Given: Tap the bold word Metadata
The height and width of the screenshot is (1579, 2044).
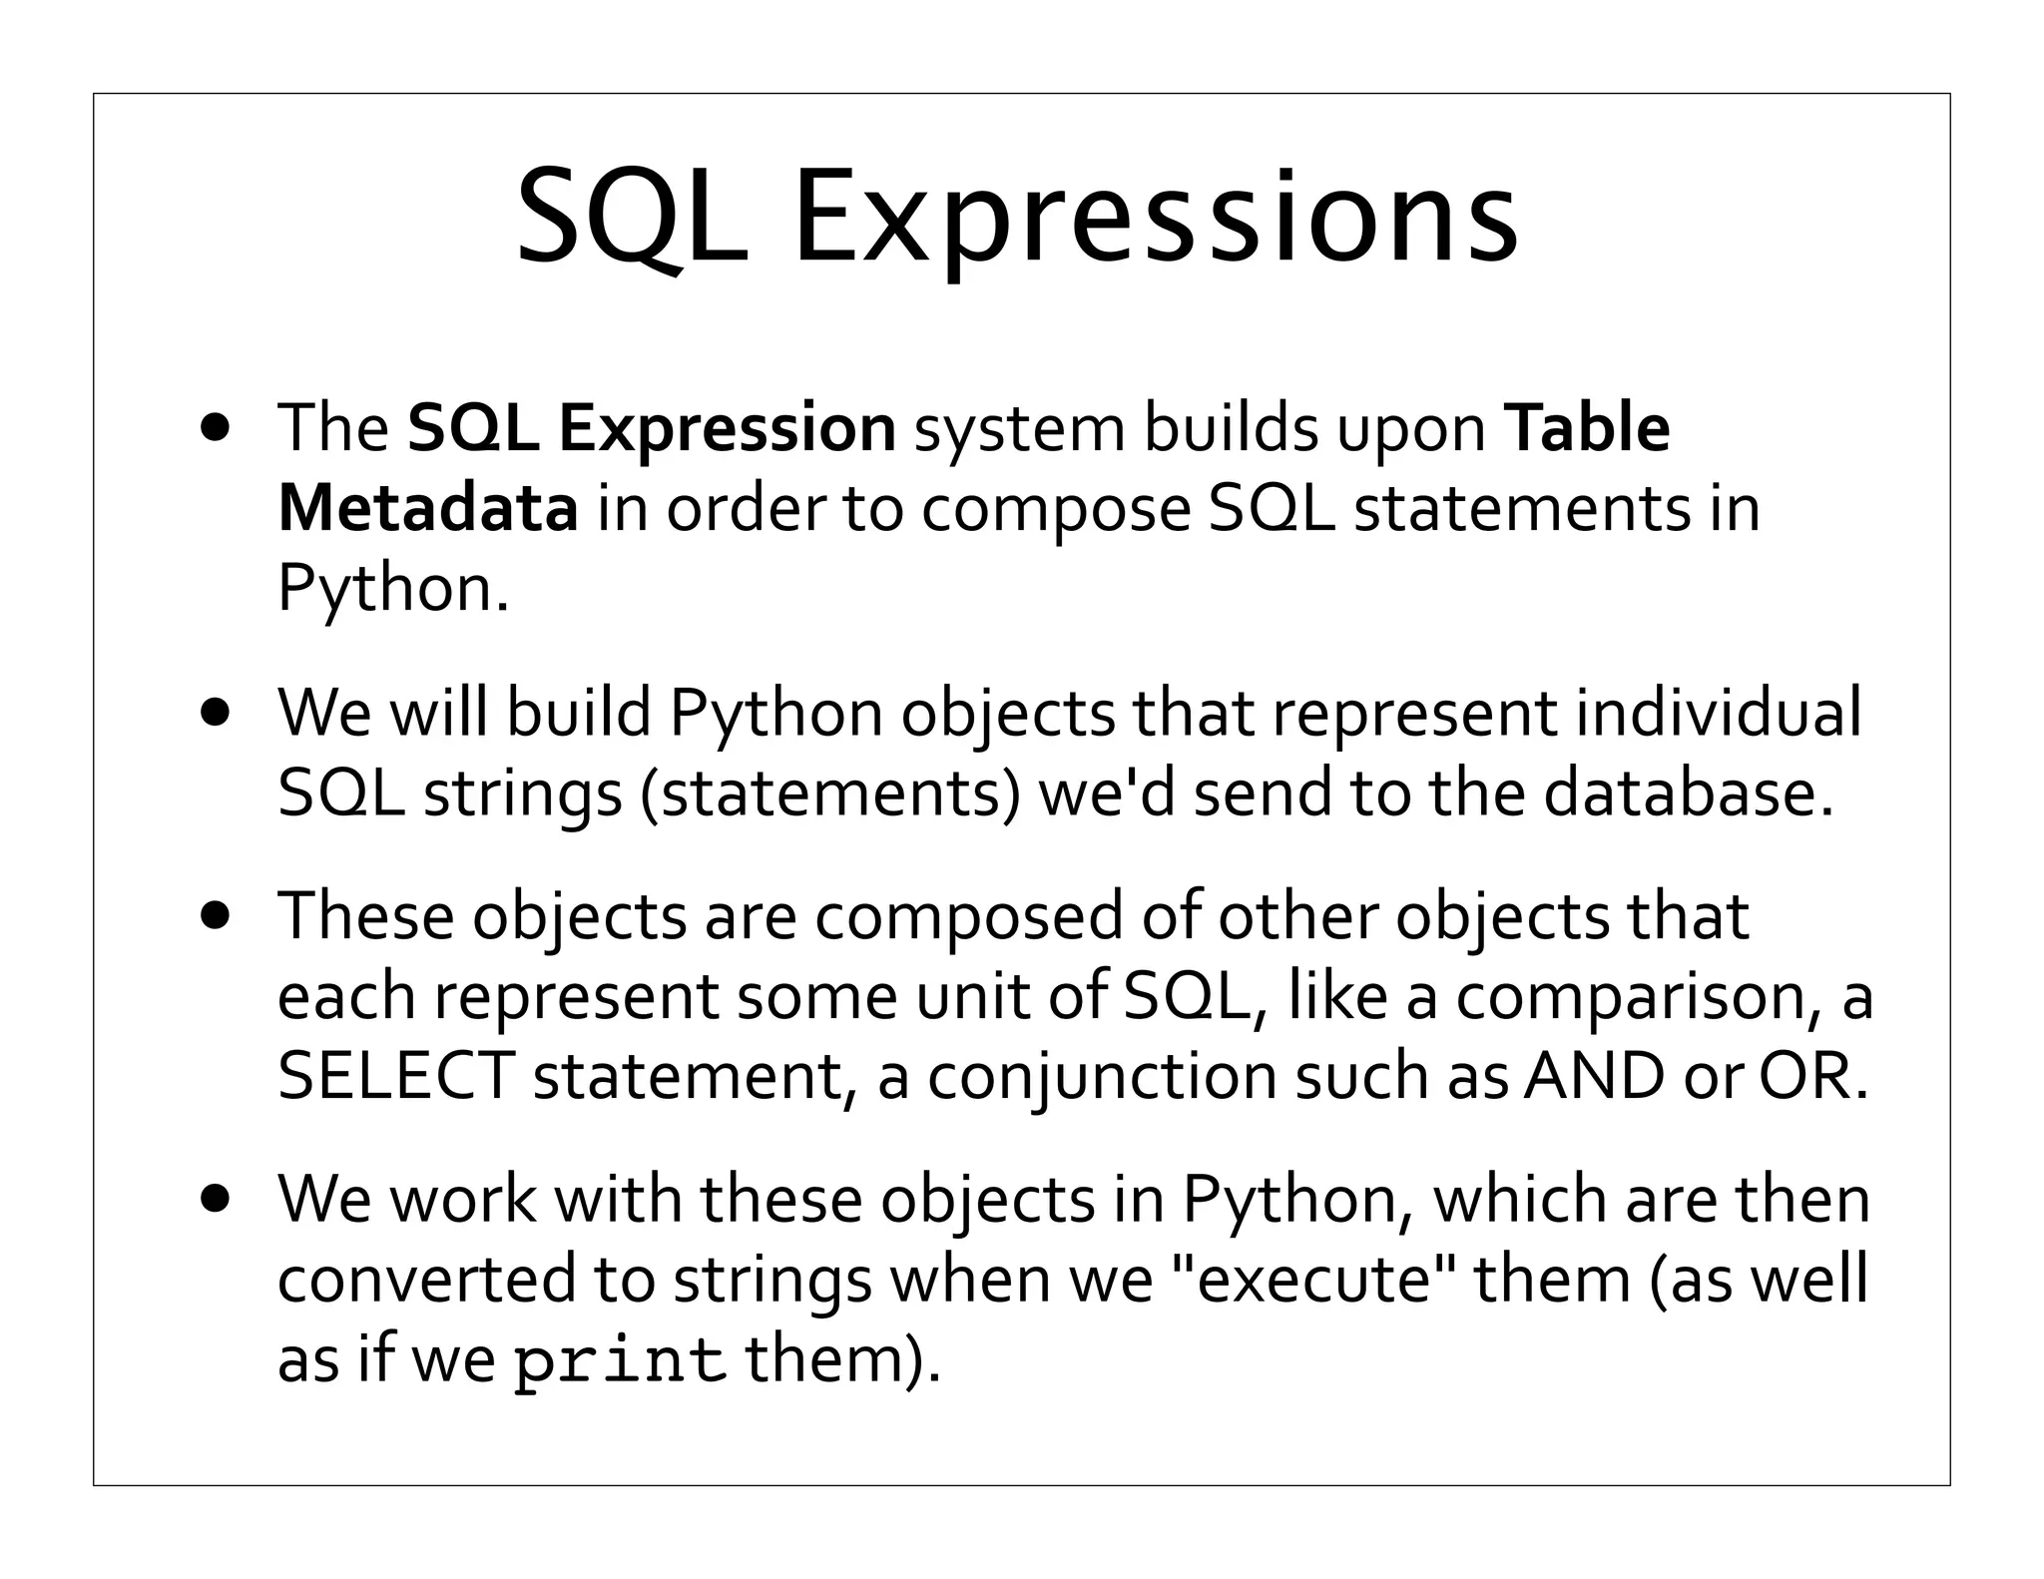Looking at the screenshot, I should (427, 507).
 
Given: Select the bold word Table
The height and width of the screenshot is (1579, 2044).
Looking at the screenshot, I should (1588, 427).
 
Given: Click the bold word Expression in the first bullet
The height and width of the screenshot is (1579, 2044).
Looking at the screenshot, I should (727, 429).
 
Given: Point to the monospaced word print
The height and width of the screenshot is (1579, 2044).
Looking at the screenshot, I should (619, 1359).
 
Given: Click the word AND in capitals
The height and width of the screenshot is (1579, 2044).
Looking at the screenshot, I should (1593, 1076).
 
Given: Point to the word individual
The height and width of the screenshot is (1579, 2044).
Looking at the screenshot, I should (1718, 713).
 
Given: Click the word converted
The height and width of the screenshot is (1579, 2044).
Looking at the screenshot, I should (426, 1279).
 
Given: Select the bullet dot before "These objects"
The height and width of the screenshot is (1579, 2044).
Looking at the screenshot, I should (214, 916).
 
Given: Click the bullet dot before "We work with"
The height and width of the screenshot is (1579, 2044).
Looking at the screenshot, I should (214, 1199).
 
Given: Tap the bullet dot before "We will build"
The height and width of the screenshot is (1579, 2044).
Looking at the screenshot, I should (214, 713).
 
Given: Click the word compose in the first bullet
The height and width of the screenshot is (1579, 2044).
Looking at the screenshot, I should (1055, 509).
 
